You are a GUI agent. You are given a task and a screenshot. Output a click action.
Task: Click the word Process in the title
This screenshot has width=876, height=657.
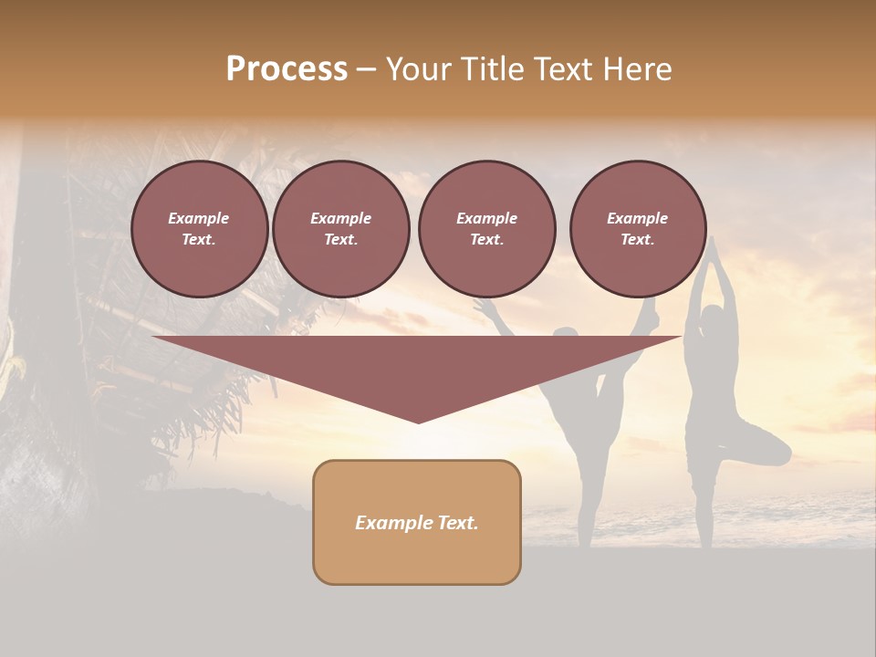[x=287, y=69]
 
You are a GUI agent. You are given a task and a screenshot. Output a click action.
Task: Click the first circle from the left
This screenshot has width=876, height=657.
[x=199, y=229]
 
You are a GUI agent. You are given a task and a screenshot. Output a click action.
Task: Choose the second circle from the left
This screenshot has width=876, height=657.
[x=340, y=229]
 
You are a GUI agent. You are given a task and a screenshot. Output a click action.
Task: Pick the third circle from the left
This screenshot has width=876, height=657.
[x=486, y=229]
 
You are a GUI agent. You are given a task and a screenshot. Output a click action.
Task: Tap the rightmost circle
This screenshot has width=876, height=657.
[x=638, y=229]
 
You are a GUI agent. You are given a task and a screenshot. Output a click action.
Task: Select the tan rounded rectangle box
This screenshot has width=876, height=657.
[x=417, y=522]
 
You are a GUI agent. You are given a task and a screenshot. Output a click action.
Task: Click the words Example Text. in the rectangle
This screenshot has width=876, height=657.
[x=417, y=523]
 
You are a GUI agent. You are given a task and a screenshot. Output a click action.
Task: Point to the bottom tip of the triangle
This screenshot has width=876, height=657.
[x=418, y=422]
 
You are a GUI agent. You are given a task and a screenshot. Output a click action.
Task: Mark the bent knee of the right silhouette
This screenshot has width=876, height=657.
[x=780, y=449]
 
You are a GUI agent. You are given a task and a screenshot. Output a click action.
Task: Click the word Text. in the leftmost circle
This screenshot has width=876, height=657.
[x=199, y=240]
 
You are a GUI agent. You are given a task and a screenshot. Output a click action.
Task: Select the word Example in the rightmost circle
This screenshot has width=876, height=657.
[x=638, y=218]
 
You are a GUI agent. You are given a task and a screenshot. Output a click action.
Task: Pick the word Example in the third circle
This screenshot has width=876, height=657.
[x=486, y=218]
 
